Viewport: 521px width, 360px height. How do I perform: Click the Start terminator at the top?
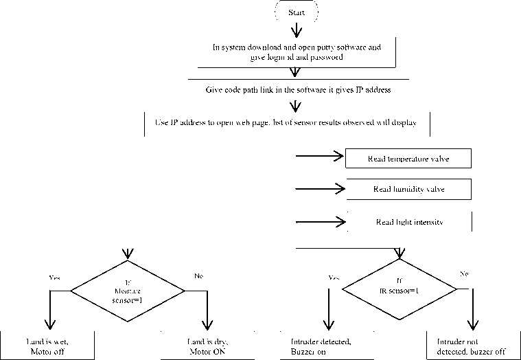coord(297,12)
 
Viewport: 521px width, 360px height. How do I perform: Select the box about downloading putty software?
coord(297,53)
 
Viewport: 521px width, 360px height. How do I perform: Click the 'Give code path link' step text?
coord(298,90)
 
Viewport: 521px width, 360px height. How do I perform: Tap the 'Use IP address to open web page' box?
coord(288,124)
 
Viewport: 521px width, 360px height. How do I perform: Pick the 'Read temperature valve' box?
coord(409,158)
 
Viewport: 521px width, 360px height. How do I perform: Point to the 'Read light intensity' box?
coord(410,222)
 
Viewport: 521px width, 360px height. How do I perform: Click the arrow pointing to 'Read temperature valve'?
coord(319,157)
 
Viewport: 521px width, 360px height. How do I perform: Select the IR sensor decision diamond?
coord(400,288)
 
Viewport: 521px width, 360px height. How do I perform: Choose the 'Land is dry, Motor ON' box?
coord(207,347)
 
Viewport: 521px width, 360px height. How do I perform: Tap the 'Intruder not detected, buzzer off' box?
coord(474,347)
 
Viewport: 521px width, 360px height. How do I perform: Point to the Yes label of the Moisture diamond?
coord(54,278)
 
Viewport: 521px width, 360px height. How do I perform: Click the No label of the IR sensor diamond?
coord(463,273)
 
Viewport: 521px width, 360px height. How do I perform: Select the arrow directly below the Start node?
coord(297,30)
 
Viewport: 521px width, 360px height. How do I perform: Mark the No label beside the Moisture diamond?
coord(199,275)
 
